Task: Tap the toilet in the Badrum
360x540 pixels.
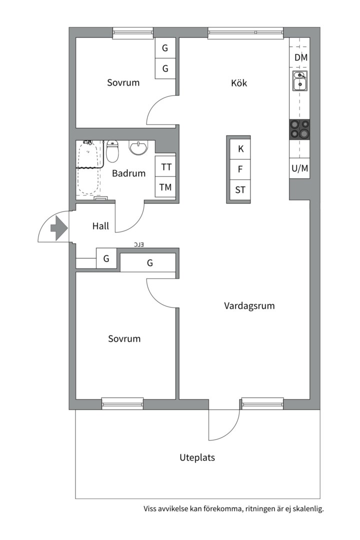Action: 112,151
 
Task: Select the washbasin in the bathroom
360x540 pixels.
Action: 138,147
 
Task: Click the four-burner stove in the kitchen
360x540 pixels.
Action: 299,129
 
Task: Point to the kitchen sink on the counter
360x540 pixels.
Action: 299,80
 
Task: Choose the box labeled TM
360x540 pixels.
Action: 165,187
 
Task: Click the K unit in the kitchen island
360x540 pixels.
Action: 240,149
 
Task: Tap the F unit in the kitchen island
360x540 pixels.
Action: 240,169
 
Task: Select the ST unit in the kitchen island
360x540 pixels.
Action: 240,190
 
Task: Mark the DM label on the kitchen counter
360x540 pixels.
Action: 300,57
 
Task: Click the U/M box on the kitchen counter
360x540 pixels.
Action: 299,168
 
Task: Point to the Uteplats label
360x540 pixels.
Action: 197,457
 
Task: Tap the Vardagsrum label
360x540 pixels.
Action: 249,306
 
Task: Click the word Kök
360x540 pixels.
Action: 239,83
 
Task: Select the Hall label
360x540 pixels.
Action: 100,226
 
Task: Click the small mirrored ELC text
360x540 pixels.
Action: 139,244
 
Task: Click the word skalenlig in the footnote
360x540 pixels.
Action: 309,509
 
